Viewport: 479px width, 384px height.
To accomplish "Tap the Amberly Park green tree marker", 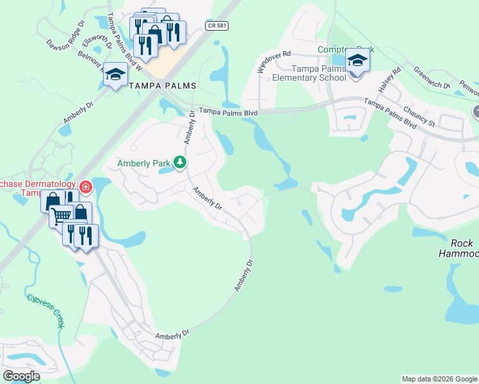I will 181,163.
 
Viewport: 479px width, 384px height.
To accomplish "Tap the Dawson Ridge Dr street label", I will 65,37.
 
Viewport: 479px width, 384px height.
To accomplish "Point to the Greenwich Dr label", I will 432,78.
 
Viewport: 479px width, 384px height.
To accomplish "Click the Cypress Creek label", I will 45,310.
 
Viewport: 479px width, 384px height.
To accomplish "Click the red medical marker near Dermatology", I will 85,188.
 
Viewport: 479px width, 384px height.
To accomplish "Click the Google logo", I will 22,376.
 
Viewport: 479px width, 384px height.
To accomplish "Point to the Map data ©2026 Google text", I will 439,379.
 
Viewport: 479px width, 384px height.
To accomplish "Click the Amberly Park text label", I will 144,163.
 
